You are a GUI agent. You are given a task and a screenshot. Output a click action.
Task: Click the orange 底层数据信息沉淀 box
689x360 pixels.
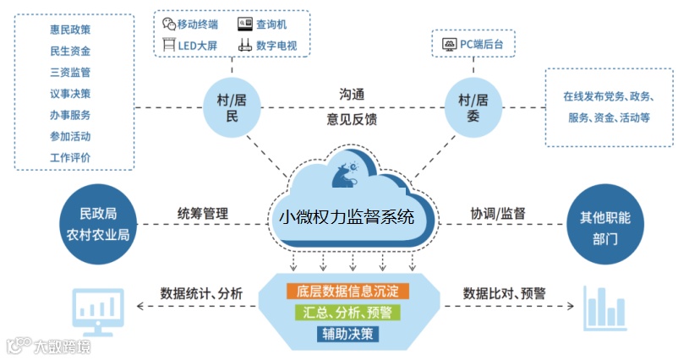(x=348, y=291)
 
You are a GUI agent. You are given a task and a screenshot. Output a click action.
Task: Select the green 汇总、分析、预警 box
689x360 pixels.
(x=348, y=312)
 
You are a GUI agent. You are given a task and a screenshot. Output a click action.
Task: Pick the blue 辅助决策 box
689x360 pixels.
(x=348, y=333)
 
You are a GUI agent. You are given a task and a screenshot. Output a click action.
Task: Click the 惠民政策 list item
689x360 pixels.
(x=70, y=30)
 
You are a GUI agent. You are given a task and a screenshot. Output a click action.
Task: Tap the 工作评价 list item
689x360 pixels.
(x=70, y=157)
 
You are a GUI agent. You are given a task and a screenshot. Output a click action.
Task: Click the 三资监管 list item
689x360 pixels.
(x=70, y=72)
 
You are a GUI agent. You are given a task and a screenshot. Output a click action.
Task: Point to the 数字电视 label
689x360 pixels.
(x=264, y=46)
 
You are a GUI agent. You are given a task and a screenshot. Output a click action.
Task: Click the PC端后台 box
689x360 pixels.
(x=473, y=43)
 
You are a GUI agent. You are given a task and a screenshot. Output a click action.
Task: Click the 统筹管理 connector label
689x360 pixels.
(x=203, y=213)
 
